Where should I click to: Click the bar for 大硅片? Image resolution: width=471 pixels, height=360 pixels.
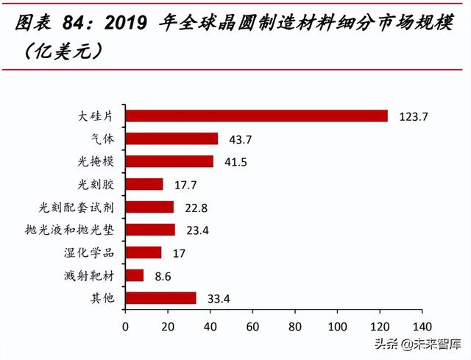(256, 116)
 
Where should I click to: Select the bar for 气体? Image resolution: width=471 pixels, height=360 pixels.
(171, 138)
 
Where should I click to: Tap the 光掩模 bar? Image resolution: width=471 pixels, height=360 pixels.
(169, 161)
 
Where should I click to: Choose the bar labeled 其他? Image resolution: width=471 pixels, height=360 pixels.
(160, 298)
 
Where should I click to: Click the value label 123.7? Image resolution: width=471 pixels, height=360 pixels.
(408, 116)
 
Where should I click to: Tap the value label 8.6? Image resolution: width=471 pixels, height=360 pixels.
(157, 276)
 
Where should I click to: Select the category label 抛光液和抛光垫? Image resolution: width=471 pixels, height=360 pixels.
(77, 230)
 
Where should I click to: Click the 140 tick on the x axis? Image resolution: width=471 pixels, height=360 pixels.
(422, 325)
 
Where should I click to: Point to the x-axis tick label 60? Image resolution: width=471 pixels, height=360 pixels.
(253, 325)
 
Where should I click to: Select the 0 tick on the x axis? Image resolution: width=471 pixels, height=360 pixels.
(125, 325)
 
